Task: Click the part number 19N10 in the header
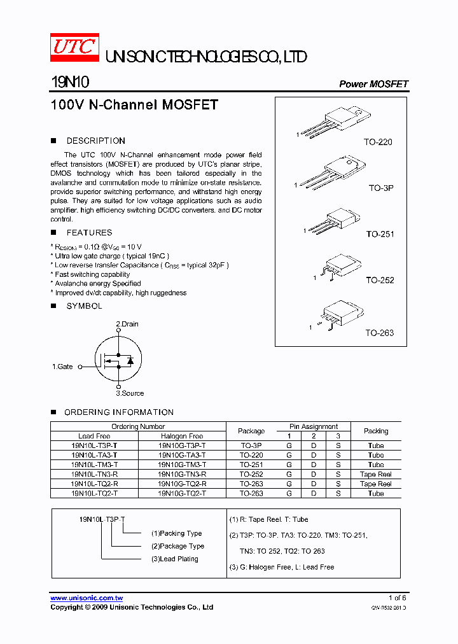pos(71,83)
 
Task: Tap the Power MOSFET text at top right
pos(373,84)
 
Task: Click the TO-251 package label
pos(380,234)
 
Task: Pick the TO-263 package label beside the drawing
pos(379,333)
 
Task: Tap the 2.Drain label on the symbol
pos(127,324)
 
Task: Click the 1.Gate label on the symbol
pos(62,367)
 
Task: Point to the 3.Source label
pos(130,393)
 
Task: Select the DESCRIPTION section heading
pos(95,141)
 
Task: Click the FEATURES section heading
pos(89,233)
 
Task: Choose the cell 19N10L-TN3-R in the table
pos(94,474)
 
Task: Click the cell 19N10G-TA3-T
pos(181,455)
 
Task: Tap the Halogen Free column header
pos(181,436)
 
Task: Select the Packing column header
pos(375,431)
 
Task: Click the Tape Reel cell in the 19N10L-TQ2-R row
pos(375,484)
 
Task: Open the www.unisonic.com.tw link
pos(87,598)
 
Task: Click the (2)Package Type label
pos(177,546)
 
